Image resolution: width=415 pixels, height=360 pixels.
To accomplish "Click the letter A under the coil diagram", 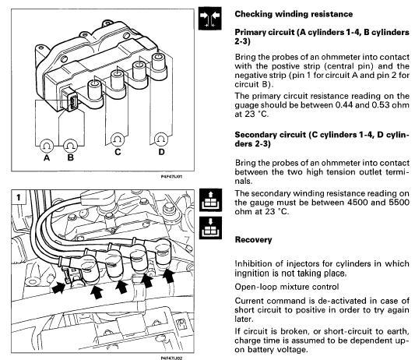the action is pyautogui.click(x=47, y=158).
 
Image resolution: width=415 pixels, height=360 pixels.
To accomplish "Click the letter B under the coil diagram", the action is pyautogui.click(x=70, y=157).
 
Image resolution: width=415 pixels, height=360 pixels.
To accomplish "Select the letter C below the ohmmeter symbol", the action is pyautogui.click(x=118, y=152).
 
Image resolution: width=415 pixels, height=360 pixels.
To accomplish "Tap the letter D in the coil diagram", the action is pyautogui.click(x=161, y=152).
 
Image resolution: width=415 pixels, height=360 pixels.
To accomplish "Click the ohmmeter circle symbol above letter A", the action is pyautogui.click(x=47, y=146).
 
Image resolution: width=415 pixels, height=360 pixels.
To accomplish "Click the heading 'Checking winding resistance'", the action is pyautogui.click(x=294, y=14).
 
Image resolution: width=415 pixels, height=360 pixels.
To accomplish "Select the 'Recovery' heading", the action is pyautogui.click(x=253, y=240).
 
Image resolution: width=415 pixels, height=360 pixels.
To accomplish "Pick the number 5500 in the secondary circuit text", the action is pyautogui.click(x=399, y=203).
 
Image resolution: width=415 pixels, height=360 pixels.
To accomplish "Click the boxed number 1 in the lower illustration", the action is pyautogui.click(x=19, y=197).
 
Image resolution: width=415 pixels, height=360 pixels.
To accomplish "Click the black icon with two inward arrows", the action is pyautogui.click(x=210, y=18).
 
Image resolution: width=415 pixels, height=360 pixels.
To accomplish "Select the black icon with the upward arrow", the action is pyautogui.click(x=210, y=200).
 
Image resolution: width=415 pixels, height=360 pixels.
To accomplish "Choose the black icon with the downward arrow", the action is pyautogui.click(x=210, y=228).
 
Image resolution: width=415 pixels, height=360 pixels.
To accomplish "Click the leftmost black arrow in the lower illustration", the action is pyautogui.click(x=58, y=288).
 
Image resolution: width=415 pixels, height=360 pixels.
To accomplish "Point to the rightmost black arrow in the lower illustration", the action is pyautogui.click(x=169, y=276).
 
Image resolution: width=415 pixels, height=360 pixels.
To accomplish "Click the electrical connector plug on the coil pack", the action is pyautogui.click(x=70, y=100).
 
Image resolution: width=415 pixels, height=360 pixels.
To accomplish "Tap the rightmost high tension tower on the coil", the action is pyautogui.click(x=158, y=64).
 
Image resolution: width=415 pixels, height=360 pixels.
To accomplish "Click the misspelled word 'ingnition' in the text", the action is pyautogui.click(x=253, y=274).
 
